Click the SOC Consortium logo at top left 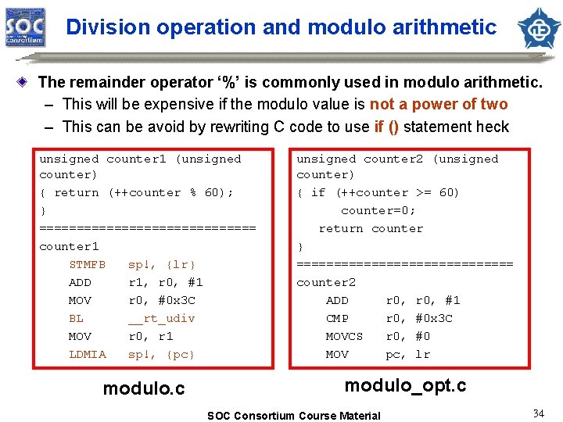click(26, 27)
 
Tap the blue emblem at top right click(538, 27)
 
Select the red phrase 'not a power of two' click(438, 104)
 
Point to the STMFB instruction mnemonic click(88, 264)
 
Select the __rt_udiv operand click(162, 318)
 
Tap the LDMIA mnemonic click(88, 354)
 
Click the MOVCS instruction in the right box click(344, 336)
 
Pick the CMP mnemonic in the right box click(337, 318)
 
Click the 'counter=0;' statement click(378, 210)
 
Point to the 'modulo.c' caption click(144, 388)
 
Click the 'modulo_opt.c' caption click(405, 384)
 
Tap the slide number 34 click(538, 413)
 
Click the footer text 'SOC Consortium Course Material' click(293, 416)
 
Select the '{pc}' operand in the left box click(181, 354)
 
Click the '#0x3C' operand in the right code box click(434, 318)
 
